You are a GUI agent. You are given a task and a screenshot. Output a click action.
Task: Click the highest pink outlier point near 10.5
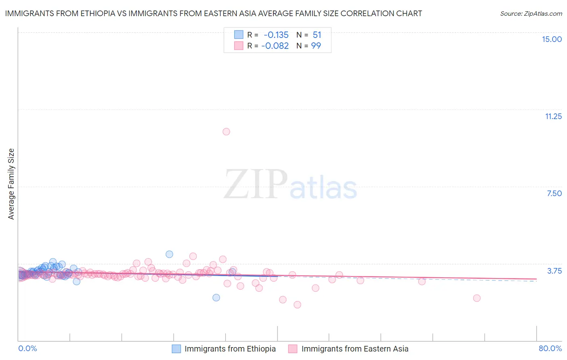point(226,132)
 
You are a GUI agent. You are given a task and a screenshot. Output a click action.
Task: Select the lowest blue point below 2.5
point(216,297)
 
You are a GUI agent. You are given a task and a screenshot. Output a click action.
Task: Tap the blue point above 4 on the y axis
point(169,254)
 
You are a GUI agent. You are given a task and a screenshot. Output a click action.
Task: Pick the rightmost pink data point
point(477,298)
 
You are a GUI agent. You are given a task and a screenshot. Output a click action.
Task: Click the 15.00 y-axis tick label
point(552,39)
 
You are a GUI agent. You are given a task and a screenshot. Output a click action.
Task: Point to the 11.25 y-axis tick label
point(553,116)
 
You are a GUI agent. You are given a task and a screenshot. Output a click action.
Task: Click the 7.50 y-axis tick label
point(554,193)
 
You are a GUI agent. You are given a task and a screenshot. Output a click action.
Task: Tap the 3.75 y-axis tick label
point(554,271)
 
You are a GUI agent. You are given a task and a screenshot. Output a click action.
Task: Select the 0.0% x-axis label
point(27,349)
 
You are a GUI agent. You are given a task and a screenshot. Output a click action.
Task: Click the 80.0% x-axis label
point(550,349)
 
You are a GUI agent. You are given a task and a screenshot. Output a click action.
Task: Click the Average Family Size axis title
point(11,184)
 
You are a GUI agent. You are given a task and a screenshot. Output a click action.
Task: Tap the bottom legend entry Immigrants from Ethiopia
point(230,349)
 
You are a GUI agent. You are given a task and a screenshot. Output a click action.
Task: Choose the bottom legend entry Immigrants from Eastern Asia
point(354,349)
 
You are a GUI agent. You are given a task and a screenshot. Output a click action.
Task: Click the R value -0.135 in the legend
point(276,35)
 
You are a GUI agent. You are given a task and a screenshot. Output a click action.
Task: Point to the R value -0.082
point(275,46)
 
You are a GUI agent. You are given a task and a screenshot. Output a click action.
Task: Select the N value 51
point(317,35)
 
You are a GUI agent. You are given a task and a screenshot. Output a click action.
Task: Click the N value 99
point(316,46)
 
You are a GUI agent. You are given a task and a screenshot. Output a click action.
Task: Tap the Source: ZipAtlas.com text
point(531,14)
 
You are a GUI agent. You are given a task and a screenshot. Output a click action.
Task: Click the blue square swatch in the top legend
point(239,35)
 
